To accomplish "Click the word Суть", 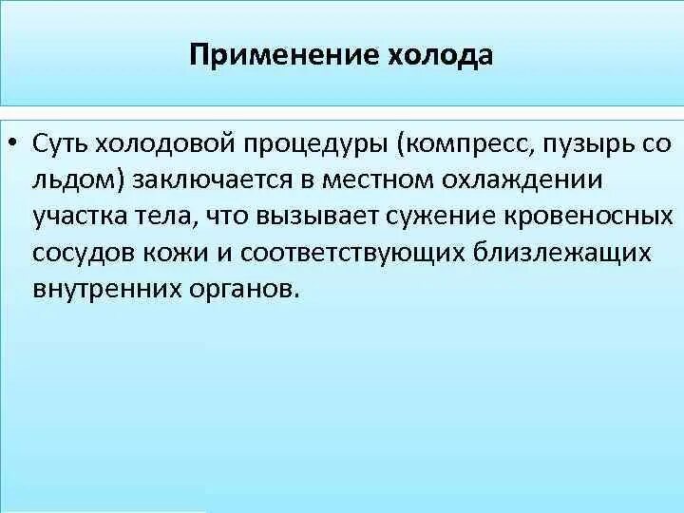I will coord(61,144).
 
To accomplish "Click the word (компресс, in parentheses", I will coord(463,146).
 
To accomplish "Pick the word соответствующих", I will coord(354,255).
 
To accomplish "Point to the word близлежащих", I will coord(562,255).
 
